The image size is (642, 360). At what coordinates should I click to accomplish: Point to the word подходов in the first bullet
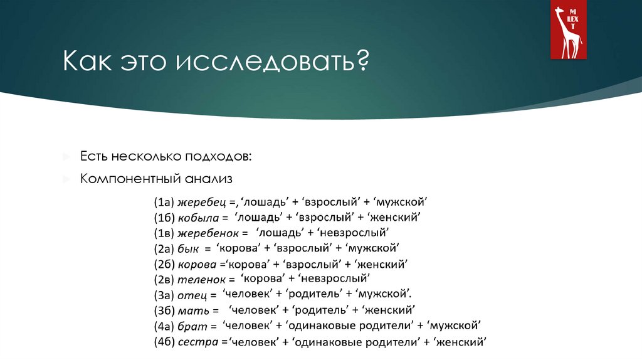click(x=220, y=155)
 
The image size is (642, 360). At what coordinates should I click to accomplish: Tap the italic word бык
click(x=187, y=248)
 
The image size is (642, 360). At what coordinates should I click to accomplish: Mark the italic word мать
click(x=189, y=310)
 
